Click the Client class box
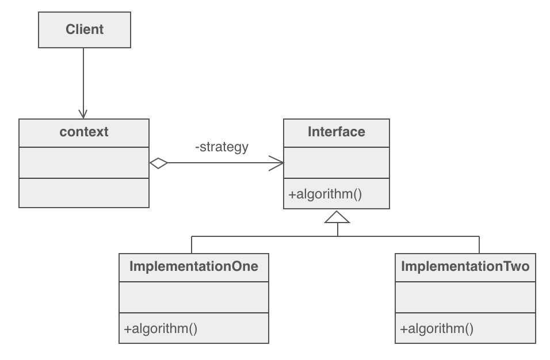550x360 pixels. [85, 29]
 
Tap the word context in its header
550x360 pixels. [84, 132]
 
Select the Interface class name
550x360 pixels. [336, 132]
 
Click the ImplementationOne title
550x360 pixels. [194, 267]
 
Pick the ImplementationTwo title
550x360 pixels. [465, 267]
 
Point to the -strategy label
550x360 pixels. [222, 147]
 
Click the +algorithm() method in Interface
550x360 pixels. [325, 194]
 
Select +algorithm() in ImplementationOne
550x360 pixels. [161, 329]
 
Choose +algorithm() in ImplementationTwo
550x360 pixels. [437, 329]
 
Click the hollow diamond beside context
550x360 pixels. [158, 163]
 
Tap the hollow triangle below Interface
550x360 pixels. [337, 217]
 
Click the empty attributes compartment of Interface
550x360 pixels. [336, 163]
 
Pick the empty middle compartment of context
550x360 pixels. [84, 163]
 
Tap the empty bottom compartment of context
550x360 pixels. [84, 193]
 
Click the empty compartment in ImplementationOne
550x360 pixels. [194, 297]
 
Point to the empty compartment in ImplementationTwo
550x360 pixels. [465, 297]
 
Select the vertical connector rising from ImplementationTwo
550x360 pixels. [479, 244]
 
